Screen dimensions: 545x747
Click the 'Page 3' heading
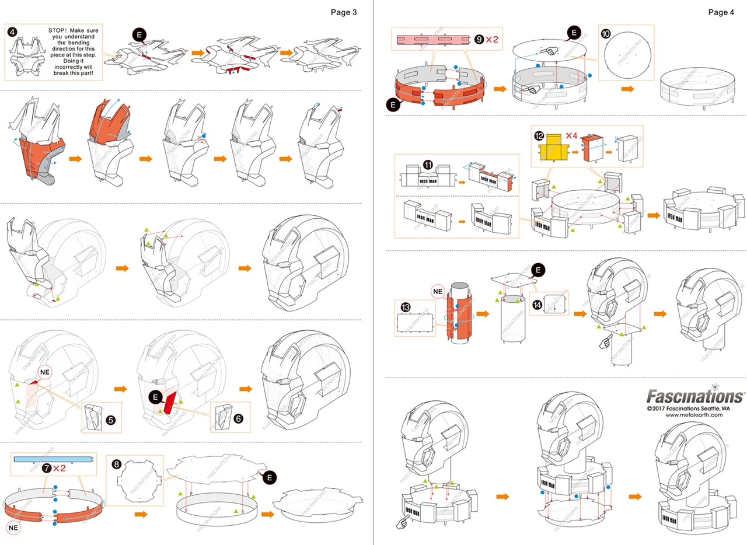tap(343, 12)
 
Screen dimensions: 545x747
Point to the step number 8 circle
tap(117, 464)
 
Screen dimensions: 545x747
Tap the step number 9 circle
tap(479, 40)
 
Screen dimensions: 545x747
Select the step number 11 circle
tap(428, 165)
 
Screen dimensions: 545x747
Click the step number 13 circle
tap(406, 306)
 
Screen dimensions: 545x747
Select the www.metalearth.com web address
tap(697, 415)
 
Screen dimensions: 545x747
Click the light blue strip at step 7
tap(53, 459)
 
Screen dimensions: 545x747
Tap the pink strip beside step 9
tap(433, 40)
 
